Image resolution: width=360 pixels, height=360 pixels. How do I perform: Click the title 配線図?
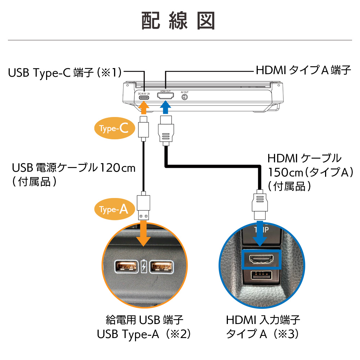click(178, 21)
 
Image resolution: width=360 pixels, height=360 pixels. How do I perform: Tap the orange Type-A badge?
click(114, 209)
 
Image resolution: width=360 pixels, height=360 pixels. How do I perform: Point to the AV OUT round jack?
click(184, 98)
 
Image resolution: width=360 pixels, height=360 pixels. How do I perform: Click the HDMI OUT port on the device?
click(166, 97)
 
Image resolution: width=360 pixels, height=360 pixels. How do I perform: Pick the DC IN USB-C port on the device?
click(144, 98)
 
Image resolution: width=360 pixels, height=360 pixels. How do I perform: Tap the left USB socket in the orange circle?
click(126, 267)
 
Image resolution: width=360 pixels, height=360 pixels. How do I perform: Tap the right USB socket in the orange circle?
click(161, 267)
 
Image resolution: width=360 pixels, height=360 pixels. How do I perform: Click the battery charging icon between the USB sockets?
click(144, 267)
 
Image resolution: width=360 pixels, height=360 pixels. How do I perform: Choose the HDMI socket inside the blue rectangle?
click(261, 259)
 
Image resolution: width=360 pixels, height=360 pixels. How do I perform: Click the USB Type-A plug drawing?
click(144, 207)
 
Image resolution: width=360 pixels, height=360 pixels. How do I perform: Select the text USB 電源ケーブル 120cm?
click(73, 168)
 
